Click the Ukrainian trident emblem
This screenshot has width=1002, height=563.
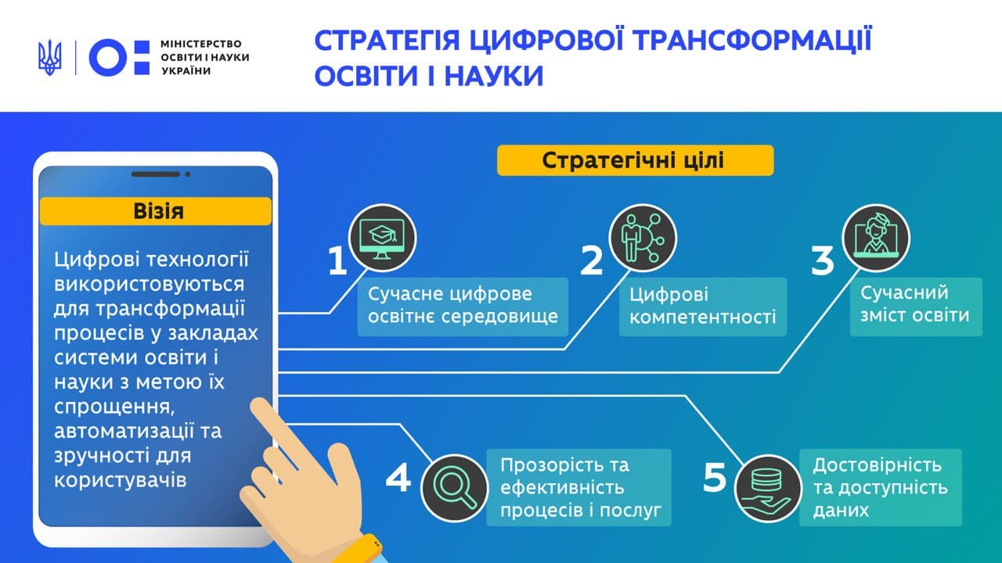pyautogui.click(x=49, y=58)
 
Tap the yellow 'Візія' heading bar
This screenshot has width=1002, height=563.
pyautogui.click(x=156, y=211)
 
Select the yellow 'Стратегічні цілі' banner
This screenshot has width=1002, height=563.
pyautogui.click(x=635, y=160)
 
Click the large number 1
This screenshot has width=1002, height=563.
pyautogui.click(x=337, y=260)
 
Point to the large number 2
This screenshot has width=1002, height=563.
pyautogui.click(x=591, y=260)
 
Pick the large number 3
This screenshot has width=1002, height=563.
pyautogui.click(x=823, y=260)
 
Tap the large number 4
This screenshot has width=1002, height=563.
pyautogui.click(x=398, y=477)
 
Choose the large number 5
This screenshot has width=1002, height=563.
pyautogui.click(x=715, y=477)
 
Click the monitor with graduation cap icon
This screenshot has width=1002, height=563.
pyautogui.click(x=383, y=238)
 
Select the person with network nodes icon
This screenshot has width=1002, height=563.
pyautogui.click(x=643, y=238)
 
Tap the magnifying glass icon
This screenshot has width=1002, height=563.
pyautogui.click(x=455, y=489)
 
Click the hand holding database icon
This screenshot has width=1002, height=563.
pyautogui.click(x=769, y=489)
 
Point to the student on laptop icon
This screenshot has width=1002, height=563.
pyautogui.click(x=876, y=238)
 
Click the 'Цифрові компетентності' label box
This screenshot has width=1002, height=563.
pyautogui.click(x=703, y=307)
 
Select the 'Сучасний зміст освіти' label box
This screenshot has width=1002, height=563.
pyautogui.click(x=916, y=307)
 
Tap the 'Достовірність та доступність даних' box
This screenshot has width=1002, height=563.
pyautogui.click(x=881, y=487)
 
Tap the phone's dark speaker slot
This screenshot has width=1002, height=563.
pyautogui.click(x=155, y=174)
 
